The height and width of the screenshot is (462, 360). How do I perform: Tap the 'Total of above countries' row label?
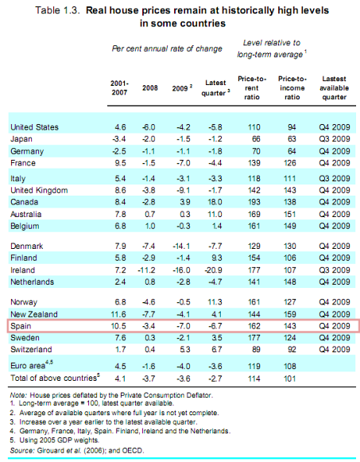(53, 378)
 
